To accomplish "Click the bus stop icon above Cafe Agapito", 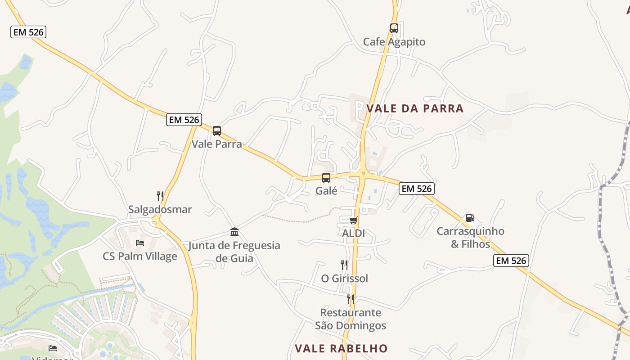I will click(394, 28).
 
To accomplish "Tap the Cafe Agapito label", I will click(394, 42).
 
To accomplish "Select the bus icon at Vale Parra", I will click(217, 131).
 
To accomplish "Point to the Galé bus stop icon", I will click(326, 178).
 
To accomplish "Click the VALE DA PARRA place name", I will click(415, 108).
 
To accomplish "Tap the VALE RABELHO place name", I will click(341, 348).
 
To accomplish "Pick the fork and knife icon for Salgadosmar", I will click(160, 196).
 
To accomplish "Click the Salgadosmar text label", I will click(160, 210).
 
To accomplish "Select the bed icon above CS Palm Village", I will click(140, 243).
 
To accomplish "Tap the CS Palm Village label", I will click(140, 256).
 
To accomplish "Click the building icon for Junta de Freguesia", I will click(234, 232).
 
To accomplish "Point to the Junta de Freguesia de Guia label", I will click(234, 252).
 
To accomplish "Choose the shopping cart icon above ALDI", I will click(353, 220).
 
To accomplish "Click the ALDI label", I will click(353, 234).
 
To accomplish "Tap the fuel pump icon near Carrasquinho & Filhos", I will click(470, 218).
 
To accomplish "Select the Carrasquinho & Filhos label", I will click(470, 238).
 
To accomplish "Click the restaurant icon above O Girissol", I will click(344, 265).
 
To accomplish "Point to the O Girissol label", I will click(344, 279).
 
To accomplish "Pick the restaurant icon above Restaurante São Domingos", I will click(351, 299).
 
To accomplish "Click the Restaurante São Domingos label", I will click(351, 319).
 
